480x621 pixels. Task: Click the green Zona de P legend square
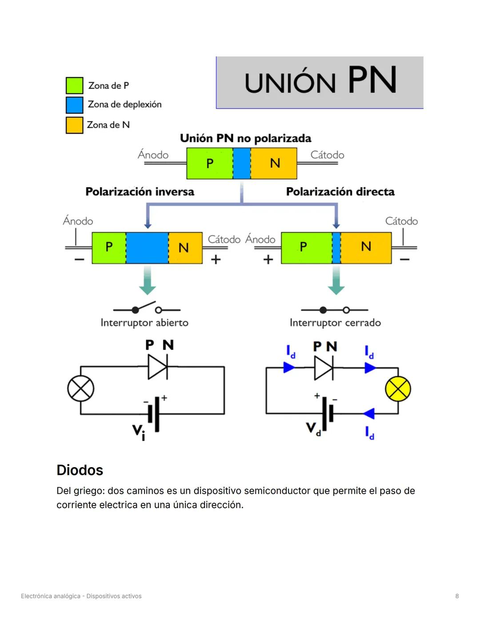[x=74, y=85]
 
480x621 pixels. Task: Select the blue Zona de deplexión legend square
[x=74, y=105]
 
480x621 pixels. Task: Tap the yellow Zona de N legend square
[x=74, y=125]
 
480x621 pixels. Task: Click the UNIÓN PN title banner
[x=320, y=82]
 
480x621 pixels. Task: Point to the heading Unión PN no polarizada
[x=245, y=138]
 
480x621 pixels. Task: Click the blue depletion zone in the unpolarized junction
[x=242, y=163]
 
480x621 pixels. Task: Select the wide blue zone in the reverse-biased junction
[x=147, y=248]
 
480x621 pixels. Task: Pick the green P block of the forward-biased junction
[x=306, y=248]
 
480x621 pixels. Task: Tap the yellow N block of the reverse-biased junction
[x=185, y=248]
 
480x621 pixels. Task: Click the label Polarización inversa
[x=140, y=192]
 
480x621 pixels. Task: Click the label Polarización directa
[x=340, y=192]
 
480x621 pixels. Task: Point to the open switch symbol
[x=147, y=308]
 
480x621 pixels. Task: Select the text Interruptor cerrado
[x=335, y=323]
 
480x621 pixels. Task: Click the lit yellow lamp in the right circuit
[x=398, y=389]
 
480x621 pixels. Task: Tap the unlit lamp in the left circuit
[x=80, y=389]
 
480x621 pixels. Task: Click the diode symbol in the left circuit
[x=158, y=367]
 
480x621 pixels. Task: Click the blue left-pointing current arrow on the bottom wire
[x=369, y=414]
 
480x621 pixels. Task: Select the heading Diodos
[x=80, y=470]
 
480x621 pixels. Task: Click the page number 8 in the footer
[x=457, y=596]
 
